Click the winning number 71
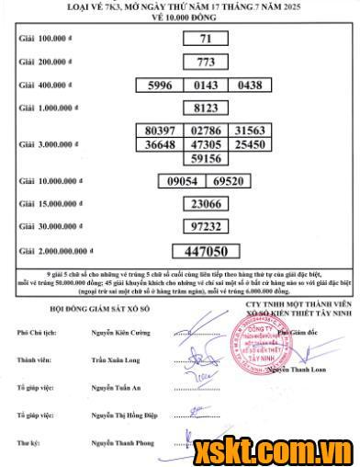pos(206,39)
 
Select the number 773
pos(206,63)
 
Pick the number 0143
pos(206,85)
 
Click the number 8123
pos(206,108)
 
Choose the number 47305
pos(206,144)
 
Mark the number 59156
pos(206,158)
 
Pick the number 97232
pos(206,226)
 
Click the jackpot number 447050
pos(206,250)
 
